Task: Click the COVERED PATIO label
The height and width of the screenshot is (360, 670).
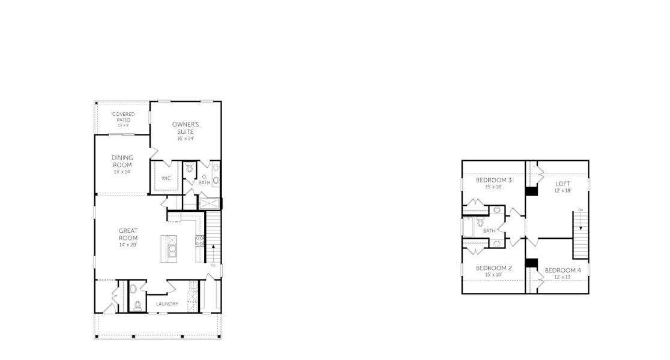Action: click(x=123, y=117)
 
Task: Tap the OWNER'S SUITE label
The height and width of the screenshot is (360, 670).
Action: click(x=186, y=128)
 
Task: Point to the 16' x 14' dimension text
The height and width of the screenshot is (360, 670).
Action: click(x=186, y=139)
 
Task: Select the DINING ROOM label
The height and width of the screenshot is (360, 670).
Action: click(x=122, y=161)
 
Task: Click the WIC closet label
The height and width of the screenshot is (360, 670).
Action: click(x=166, y=178)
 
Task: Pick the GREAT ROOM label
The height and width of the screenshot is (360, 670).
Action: click(x=128, y=234)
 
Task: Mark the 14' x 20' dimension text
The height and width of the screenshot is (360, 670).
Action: click(x=128, y=245)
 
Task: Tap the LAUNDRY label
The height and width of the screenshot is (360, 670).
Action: click(x=167, y=304)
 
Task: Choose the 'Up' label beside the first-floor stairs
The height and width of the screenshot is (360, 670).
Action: click(x=213, y=265)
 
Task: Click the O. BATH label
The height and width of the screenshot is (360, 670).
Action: click(x=204, y=179)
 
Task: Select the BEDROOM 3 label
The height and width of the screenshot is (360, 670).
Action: click(x=493, y=180)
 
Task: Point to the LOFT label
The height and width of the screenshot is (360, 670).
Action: click(x=563, y=184)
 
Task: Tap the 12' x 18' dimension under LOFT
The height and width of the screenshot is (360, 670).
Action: click(x=563, y=191)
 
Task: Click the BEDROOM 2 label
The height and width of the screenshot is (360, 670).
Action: click(x=493, y=268)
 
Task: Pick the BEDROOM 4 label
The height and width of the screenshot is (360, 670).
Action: click(x=563, y=270)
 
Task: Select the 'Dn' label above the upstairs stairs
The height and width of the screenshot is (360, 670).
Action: click(x=581, y=210)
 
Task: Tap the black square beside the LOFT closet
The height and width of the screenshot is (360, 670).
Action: click(x=531, y=191)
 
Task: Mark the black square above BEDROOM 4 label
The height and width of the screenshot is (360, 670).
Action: click(x=531, y=262)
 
